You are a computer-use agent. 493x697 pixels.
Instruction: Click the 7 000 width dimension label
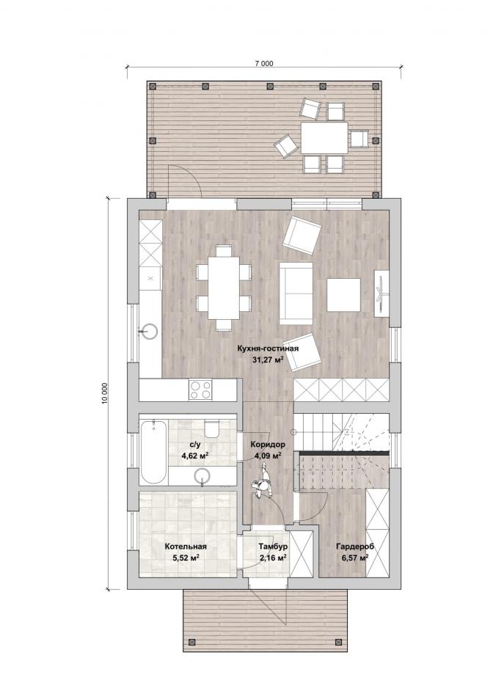click(x=264, y=64)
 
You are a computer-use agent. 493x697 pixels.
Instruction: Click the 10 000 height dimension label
click(x=104, y=393)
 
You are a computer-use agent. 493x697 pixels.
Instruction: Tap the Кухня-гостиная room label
click(x=268, y=349)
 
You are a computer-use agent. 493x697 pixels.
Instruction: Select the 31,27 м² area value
click(x=268, y=360)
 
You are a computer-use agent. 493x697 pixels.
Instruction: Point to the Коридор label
click(x=268, y=444)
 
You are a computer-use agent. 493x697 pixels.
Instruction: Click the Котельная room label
click(x=186, y=547)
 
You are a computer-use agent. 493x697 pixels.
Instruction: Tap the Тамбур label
click(x=273, y=547)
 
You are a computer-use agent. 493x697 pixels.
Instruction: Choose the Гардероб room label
click(x=355, y=547)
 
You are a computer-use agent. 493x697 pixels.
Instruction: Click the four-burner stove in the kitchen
click(x=200, y=390)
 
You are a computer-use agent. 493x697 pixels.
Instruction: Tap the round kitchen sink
click(x=149, y=330)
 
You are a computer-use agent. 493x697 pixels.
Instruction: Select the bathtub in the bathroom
click(x=153, y=452)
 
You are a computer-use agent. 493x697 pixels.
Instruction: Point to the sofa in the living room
click(x=296, y=293)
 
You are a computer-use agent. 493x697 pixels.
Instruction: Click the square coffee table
click(x=343, y=295)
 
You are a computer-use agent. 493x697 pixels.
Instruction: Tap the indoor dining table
click(x=224, y=288)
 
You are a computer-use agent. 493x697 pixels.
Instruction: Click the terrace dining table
click(x=325, y=139)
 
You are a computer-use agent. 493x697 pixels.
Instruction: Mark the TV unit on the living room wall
click(x=381, y=293)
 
